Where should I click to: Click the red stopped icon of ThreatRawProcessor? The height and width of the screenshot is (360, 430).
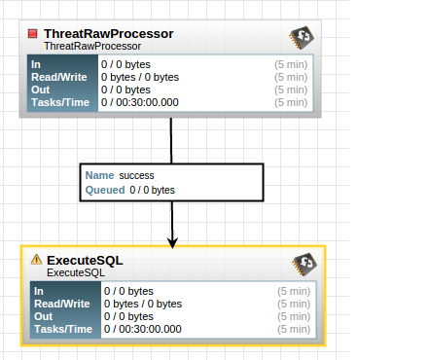[x=32, y=34]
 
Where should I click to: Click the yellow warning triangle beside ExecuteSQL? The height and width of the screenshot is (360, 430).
[x=37, y=260]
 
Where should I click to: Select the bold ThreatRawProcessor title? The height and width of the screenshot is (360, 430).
[x=108, y=34]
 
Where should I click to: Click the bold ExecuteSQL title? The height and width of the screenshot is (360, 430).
[x=85, y=261]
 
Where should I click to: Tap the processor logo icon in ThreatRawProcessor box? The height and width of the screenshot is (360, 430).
[x=301, y=39]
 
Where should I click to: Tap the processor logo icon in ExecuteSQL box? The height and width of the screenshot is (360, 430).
[x=305, y=265]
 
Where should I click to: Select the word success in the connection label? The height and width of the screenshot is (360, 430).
[x=137, y=175]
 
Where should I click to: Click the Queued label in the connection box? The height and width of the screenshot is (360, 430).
[x=105, y=190]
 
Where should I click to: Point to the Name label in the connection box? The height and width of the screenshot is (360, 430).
[x=100, y=175]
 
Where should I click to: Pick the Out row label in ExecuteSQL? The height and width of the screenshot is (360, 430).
[x=45, y=316]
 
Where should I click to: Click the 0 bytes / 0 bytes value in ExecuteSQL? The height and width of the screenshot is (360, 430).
[x=143, y=304]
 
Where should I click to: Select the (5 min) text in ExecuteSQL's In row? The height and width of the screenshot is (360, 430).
[x=294, y=291]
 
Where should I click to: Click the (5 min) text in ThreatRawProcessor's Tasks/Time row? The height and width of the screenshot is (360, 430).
[x=290, y=102]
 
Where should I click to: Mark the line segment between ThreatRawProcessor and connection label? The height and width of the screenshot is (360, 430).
[x=171, y=140]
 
